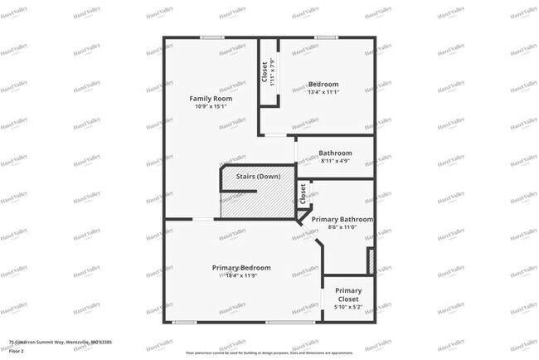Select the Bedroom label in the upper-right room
323,84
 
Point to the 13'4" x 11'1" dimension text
323,92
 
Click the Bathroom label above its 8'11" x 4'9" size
336,153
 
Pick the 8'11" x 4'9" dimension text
336,161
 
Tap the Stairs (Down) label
259,177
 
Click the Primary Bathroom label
342,219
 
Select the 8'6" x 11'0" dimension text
342,227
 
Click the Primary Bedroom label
241,267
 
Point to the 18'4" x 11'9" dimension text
241,275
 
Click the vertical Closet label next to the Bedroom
265,72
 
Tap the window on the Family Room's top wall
212,37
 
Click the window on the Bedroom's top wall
324,37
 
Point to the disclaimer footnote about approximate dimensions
269,352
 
